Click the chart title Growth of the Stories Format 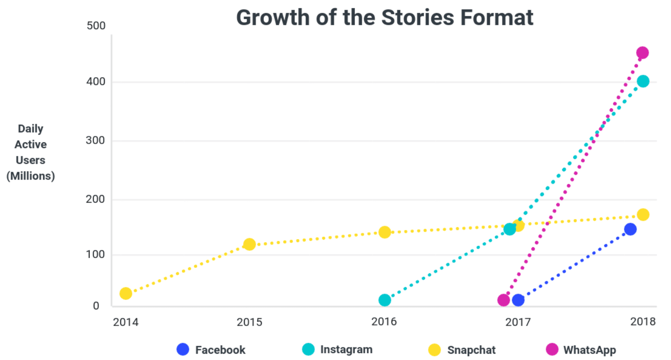[x=384, y=17]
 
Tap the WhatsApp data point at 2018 [x=642, y=53]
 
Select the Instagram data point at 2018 [x=643, y=81]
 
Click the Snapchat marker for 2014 [x=126, y=293]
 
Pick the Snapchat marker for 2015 [x=249, y=244]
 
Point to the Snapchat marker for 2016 [x=384, y=232]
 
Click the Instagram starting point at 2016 [x=384, y=300]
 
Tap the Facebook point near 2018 [x=630, y=229]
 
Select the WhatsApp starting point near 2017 [x=504, y=300]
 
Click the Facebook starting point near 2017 [x=518, y=300]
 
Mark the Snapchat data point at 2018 [x=643, y=214]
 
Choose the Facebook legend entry [x=212, y=349]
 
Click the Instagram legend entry [x=337, y=349]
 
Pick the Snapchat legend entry [x=462, y=349]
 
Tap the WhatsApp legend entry [x=581, y=349]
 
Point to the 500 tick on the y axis [x=96, y=26]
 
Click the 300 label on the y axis [x=96, y=141]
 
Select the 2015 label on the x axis [x=249, y=322]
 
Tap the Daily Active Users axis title [x=31, y=152]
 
